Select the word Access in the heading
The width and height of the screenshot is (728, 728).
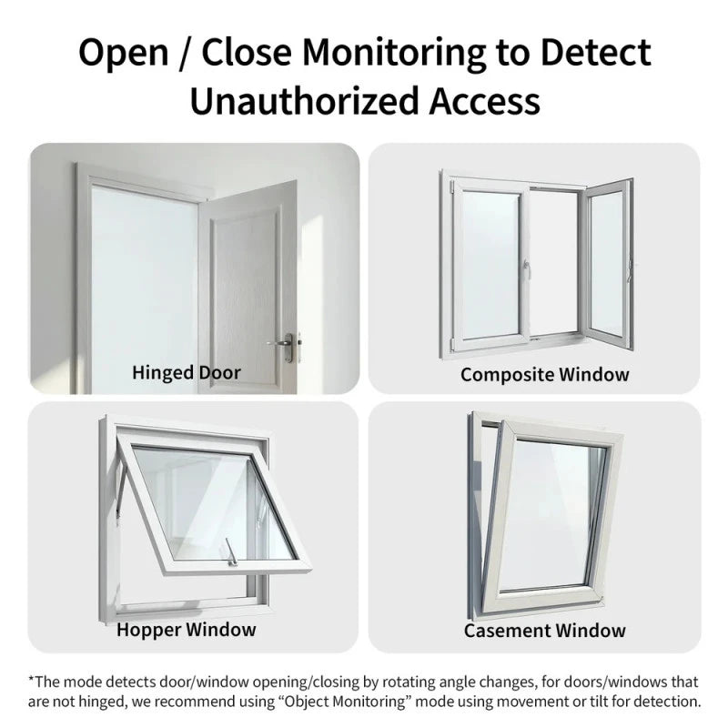tap(484, 101)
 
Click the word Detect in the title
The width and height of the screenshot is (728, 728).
tap(595, 52)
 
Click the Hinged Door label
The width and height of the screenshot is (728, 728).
tap(187, 373)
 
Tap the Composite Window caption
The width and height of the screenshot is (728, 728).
tap(544, 374)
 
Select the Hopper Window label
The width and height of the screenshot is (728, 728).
tap(187, 630)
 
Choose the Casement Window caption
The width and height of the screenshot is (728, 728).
tap(544, 631)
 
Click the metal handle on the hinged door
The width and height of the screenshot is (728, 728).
tap(284, 346)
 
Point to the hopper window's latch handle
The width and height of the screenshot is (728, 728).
tap(231, 552)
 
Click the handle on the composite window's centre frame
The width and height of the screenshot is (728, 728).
tap(527, 268)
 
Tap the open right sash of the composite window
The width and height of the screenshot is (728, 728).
tap(609, 263)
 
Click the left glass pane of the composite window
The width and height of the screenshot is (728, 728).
tap(490, 263)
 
